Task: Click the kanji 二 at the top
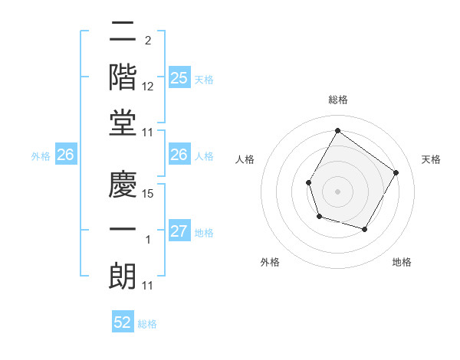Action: point(123,32)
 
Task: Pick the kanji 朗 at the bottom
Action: point(123,276)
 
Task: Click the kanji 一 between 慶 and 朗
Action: point(123,230)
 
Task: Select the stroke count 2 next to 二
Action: point(147,40)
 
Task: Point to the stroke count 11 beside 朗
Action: point(148,286)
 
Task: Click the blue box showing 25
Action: point(179,77)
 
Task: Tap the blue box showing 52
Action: point(123,322)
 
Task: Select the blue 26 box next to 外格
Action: point(66,155)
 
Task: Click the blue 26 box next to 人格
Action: point(179,155)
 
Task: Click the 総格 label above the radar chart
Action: point(338,100)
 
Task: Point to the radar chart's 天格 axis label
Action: point(431,159)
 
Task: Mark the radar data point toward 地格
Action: point(365,229)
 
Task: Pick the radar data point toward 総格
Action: point(337,131)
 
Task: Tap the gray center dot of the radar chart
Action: point(337,190)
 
